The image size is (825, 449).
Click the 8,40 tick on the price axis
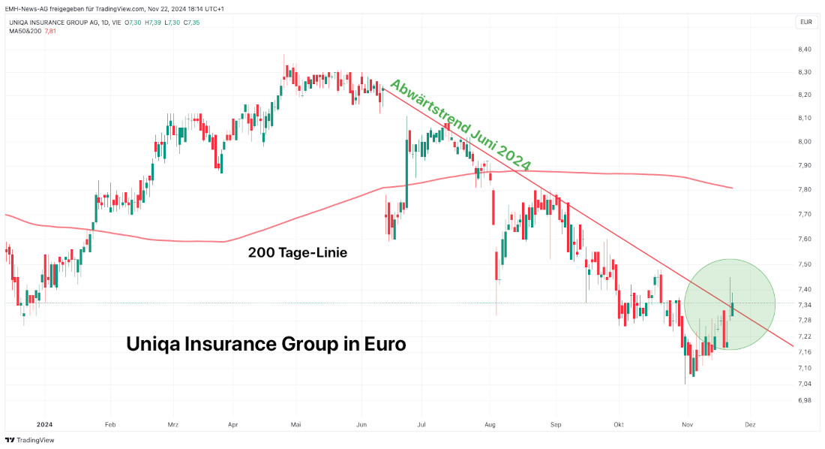805,50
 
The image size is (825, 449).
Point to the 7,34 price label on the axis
805,305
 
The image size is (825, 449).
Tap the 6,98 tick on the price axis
805,400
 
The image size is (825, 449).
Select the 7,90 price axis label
805,165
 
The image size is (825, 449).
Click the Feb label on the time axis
110,423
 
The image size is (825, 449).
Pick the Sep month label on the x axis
556,423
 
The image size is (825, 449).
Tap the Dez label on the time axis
749,423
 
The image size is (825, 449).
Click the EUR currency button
806,23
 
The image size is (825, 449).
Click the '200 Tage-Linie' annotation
298,254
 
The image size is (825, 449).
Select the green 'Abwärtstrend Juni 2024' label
460,125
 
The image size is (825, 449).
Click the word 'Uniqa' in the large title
155,345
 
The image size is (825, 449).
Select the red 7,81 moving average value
51,31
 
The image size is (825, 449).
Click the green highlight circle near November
729,304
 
